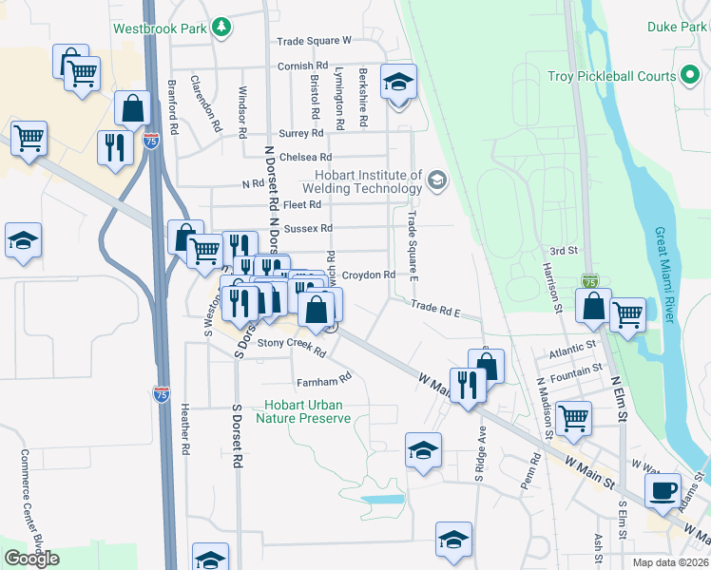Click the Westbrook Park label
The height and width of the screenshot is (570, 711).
tap(160, 28)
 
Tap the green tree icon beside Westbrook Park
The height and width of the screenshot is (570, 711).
tap(221, 28)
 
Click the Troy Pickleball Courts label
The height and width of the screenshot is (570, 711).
tap(611, 76)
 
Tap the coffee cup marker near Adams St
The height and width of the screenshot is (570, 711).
tap(663, 491)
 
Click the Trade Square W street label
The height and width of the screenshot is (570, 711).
tap(315, 42)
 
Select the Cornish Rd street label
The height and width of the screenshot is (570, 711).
tap(302, 66)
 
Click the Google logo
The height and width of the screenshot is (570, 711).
tap(31, 559)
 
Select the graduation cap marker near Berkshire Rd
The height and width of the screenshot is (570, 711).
tap(398, 82)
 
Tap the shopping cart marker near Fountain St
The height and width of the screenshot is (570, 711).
tap(574, 417)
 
